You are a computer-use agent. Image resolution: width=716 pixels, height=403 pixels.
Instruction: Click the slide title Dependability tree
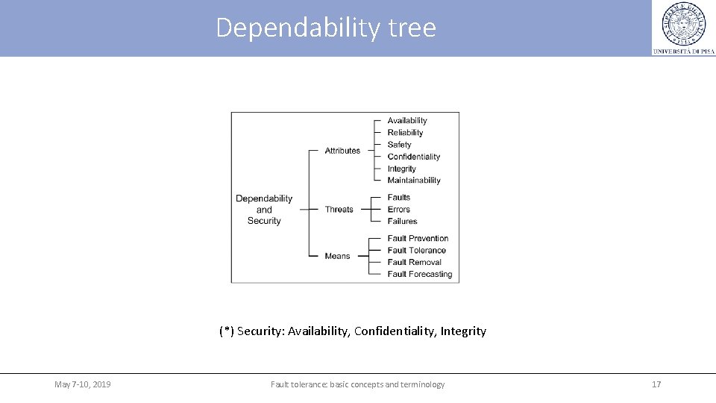pyautogui.click(x=326, y=28)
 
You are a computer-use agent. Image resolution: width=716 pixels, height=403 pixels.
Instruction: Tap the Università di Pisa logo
pyautogui.click(x=683, y=28)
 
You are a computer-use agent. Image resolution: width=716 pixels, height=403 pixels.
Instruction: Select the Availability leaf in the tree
pyautogui.click(x=407, y=121)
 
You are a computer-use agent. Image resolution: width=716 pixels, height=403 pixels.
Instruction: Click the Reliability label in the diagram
pyautogui.click(x=405, y=133)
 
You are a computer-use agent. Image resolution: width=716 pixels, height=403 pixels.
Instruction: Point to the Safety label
pyautogui.click(x=399, y=145)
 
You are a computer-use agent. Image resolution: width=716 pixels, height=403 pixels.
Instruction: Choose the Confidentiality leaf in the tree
pyautogui.click(x=414, y=157)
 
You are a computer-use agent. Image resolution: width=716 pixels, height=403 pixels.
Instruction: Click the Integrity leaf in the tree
pyautogui.click(x=401, y=169)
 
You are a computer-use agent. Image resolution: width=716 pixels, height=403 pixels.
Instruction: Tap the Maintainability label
pyautogui.click(x=414, y=181)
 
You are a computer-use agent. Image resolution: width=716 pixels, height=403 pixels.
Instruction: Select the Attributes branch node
pyautogui.click(x=342, y=151)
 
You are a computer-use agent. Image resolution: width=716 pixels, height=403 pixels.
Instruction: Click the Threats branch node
pyautogui.click(x=339, y=210)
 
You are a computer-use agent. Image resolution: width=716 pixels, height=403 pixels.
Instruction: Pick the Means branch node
pyautogui.click(x=337, y=256)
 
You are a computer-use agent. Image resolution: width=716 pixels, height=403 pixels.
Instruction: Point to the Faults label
pyautogui.click(x=399, y=198)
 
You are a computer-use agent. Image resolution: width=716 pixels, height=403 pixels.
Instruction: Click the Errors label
pyautogui.click(x=399, y=210)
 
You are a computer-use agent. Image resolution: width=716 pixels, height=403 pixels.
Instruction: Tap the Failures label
pyautogui.click(x=402, y=222)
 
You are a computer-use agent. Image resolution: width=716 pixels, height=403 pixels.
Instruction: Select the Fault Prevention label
pyautogui.click(x=418, y=239)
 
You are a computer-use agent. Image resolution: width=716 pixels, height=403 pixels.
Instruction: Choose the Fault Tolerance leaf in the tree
pyautogui.click(x=416, y=251)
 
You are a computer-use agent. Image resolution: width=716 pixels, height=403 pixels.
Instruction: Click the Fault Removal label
pyautogui.click(x=414, y=263)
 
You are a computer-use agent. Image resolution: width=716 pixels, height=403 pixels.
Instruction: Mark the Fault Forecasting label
pyautogui.click(x=420, y=275)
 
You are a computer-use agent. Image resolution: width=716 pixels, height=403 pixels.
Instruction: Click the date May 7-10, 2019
pyautogui.click(x=83, y=384)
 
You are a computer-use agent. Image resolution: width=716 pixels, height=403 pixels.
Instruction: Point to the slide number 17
pyautogui.click(x=656, y=384)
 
